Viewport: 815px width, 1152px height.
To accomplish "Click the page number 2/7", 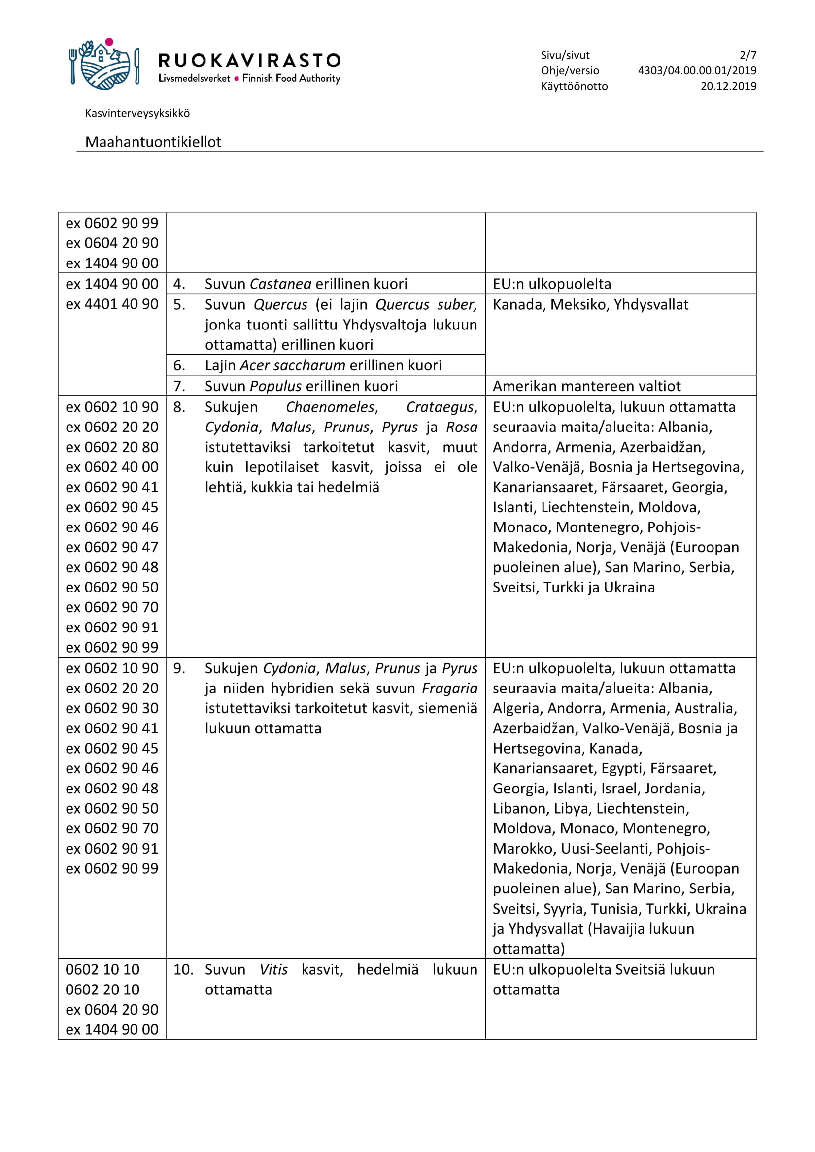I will tap(747, 55).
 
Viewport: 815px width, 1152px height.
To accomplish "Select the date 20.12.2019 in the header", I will tap(728, 86).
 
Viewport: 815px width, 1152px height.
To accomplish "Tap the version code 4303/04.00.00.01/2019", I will tap(697, 71).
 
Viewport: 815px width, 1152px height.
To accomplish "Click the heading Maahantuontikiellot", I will tap(153, 142).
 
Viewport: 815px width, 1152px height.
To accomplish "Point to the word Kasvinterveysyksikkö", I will tap(137, 113).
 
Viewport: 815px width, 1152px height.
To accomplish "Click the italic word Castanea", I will tap(280, 284).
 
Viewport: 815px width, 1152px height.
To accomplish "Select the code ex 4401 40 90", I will tap(112, 304).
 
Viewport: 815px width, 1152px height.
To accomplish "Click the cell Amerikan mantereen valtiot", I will tap(587, 386).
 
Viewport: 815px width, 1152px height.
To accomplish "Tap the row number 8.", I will tap(179, 407).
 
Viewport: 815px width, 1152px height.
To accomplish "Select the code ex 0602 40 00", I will tap(112, 467).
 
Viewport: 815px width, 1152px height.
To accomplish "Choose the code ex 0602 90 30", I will tap(112, 708).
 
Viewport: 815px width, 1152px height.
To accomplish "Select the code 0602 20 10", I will tap(102, 989).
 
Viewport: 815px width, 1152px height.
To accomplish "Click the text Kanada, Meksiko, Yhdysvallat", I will tap(590, 304).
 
